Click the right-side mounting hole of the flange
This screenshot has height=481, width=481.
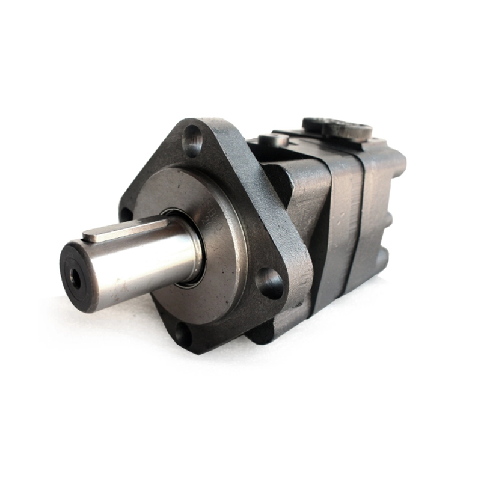pyautogui.click(x=269, y=282)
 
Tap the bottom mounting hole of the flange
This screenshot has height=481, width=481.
pyautogui.click(x=184, y=336)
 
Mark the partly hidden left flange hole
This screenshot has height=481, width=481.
pyautogui.click(x=126, y=213)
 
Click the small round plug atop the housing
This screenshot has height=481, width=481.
pyautogui.click(x=274, y=139)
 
